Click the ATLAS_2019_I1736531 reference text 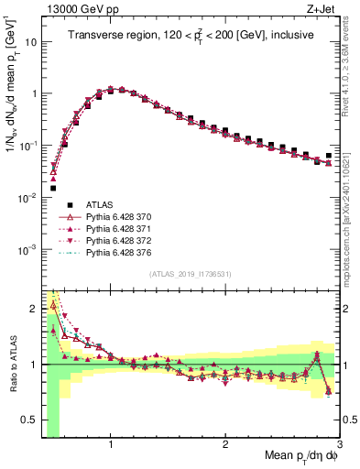[189, 274]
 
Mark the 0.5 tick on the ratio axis [31, 421]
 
